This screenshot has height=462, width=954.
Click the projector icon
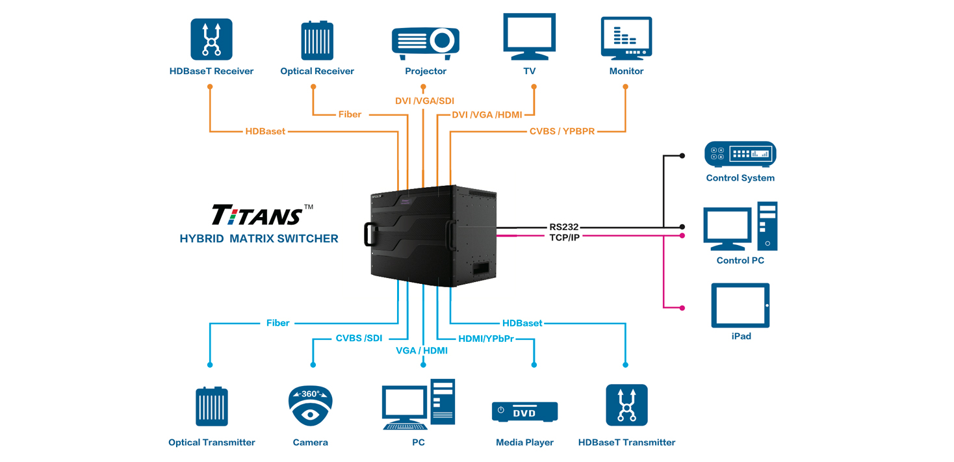pyautogui.click(x=426, y=44)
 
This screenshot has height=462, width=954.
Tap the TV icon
pyautogui.click(x=530, y=36)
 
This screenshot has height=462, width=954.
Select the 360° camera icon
pyautogui.click(x=311, y=405)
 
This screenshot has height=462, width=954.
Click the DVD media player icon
pyautogui.click(x=524, y=412)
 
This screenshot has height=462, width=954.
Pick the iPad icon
pyautogui.click(x=740, y=305)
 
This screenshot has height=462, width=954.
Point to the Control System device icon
pyautogui.click(x=740, y=154)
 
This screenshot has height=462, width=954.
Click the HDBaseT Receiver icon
pyautogui.click(x=211, y=39)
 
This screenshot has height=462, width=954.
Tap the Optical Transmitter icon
pyautogui.click(x=212, y=406)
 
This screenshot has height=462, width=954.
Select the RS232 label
pyautogui.click(x=564, y=227)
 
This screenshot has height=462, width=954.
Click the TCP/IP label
pyautogui.click(x=564, y=238)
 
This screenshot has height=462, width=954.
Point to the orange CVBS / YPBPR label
pyautogui.click(x=561, y=131)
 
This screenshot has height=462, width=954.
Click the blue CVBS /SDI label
pyautogui.click(x=359, y=338)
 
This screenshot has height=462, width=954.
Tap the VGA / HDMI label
pyautogui.click(x=422, y=350)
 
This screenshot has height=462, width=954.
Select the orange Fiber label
pyautogui.click(x=350, y=114)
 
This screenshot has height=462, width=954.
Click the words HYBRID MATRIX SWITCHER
pyautogui.click(x=259, y=238)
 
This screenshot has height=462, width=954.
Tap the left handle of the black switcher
pyautogui.click(x=370, y=234)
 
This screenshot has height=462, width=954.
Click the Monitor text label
pyautogui.click(x=626, y=71)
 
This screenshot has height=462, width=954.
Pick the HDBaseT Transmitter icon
pyautogui.click(x=627, y=405)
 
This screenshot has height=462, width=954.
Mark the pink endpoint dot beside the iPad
pyautogui.click(x=682, y=308)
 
